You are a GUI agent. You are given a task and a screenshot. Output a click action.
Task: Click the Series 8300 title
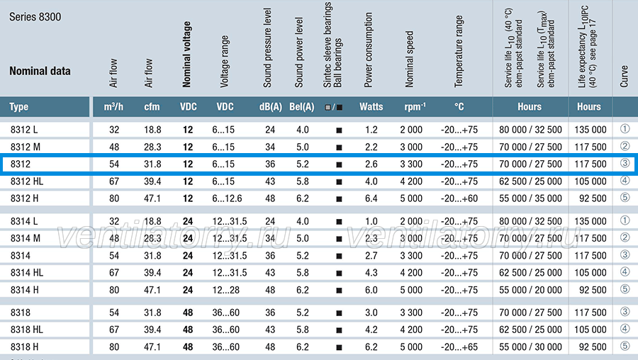point(35,17)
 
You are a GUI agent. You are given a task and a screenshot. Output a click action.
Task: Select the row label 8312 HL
point(27,181)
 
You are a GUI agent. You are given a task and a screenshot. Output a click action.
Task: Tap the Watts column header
point(371,106)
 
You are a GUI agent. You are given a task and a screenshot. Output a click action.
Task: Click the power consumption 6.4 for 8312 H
point(371,198)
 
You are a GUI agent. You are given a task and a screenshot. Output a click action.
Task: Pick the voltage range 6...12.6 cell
point(227,198)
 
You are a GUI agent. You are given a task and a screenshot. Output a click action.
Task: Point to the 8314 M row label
point(26,238)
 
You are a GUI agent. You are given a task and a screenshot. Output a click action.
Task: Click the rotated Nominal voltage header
point(186,54)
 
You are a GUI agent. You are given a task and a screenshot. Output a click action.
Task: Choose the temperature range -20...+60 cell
point(459,198)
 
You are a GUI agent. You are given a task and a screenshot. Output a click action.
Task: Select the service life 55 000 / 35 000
point(530,198)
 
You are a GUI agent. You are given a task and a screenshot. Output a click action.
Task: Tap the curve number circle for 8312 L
point(625,129)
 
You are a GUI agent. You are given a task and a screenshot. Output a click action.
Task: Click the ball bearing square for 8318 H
point(339,347)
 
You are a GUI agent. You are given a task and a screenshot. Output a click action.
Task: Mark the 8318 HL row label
point(27,330)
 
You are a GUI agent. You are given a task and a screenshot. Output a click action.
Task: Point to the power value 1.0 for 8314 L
point(371,221)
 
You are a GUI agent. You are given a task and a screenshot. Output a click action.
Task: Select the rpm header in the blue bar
point(415,106)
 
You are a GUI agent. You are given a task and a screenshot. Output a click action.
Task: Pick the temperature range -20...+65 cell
point(459,347)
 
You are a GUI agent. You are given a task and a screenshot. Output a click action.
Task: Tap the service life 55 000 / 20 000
point(530,290)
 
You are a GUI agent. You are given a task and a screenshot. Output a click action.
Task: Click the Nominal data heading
point(40,71)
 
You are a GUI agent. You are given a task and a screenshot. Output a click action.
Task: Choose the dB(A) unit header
point(271,106)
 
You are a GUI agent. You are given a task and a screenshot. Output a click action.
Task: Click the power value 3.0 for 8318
point(371,313)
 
